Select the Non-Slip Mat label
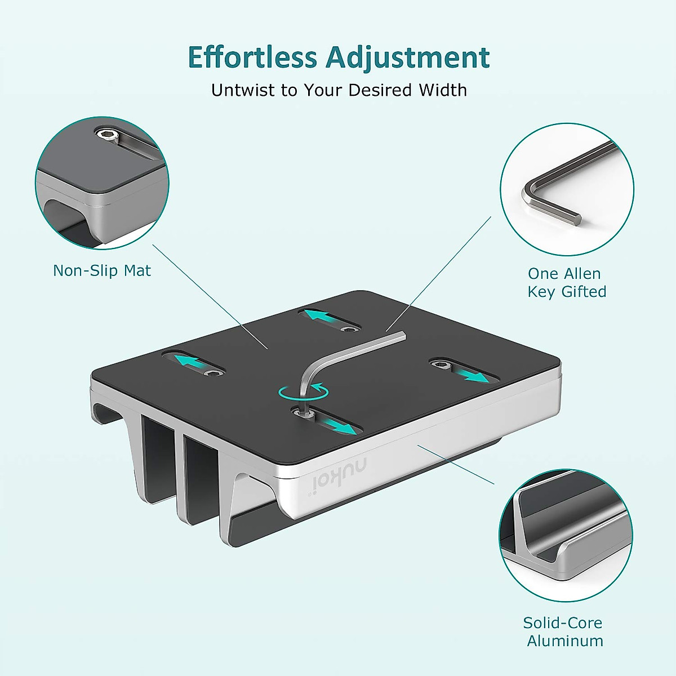coord(102,271)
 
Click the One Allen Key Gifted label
coord(566,283)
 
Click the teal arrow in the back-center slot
coord(319,317)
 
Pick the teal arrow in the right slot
coord(473,375)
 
